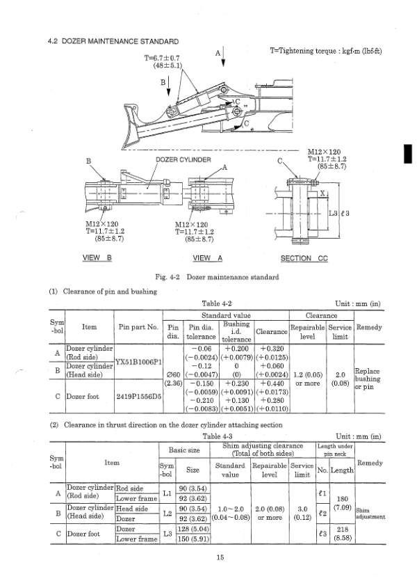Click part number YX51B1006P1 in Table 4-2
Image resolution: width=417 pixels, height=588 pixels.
click(x=138, y=361)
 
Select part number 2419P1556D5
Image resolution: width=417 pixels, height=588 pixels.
click(x=138, y=397)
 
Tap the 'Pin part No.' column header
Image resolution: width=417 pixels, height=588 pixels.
click(x=138, y=326)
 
